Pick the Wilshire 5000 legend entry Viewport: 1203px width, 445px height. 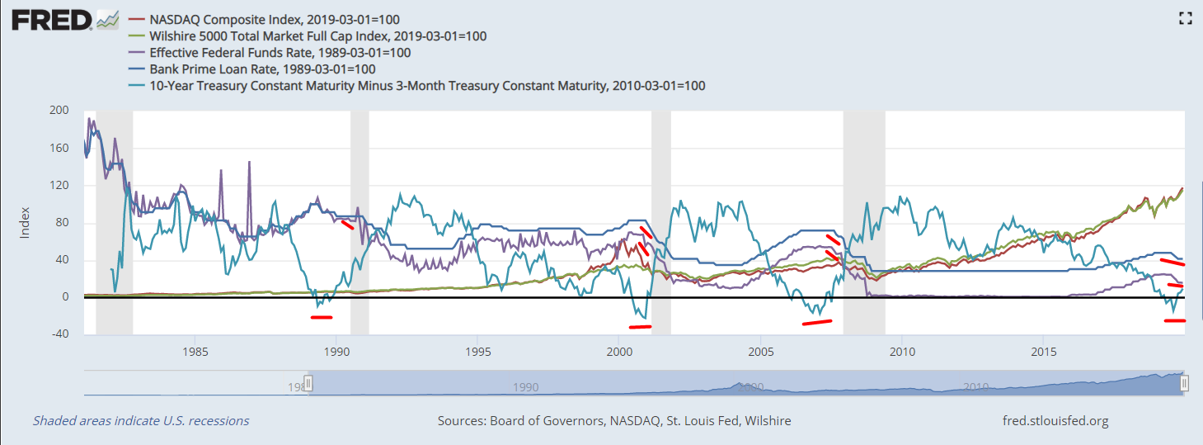(317, 36)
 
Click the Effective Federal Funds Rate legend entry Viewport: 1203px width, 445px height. (280, 52)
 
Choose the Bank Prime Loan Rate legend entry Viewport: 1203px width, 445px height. (262, 69)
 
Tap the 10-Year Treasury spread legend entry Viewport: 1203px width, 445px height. (427, 85)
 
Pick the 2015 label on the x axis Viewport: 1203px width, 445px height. (1043, 350)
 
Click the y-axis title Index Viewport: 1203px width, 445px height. (26, 222)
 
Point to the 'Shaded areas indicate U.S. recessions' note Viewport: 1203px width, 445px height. (141, 421)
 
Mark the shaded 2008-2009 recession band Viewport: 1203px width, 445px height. (864, 222)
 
